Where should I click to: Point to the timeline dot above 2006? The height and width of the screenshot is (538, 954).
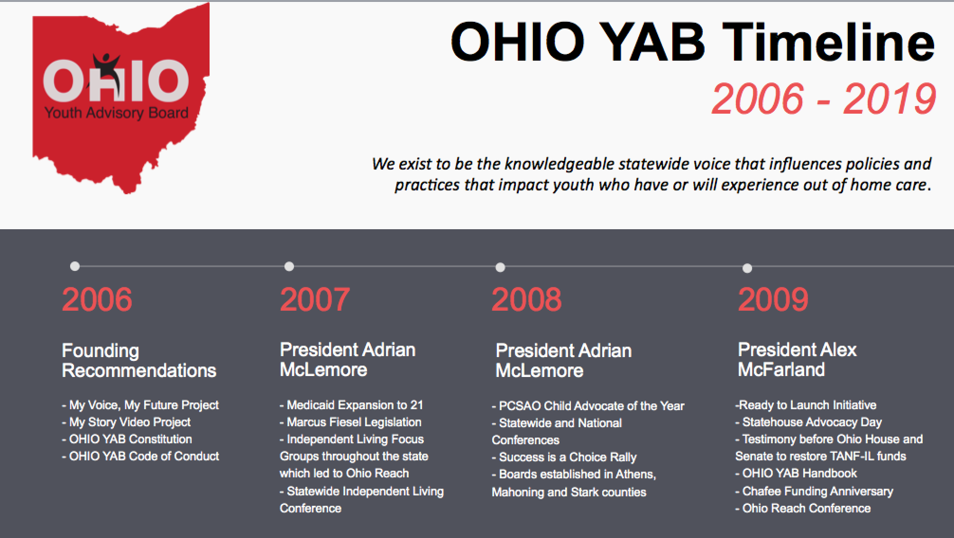[74, 266]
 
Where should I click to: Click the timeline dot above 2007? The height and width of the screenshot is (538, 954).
[289, 267]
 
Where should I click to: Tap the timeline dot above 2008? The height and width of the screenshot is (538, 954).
[500, 268]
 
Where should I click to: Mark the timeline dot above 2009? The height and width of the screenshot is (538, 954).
[747, 269]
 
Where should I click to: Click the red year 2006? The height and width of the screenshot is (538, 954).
[97, 299]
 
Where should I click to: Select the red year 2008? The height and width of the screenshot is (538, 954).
[526, 300]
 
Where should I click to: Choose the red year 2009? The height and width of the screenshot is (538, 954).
[773, 300]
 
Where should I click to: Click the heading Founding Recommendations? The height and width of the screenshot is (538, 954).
[138, 360]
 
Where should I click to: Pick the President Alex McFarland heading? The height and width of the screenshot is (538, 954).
[797, 359]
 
